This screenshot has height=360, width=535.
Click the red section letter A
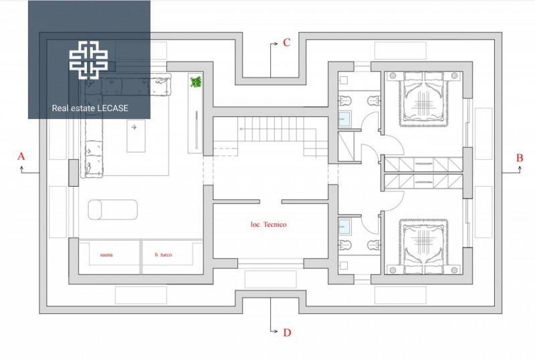(21, 156)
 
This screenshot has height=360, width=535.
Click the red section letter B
(520, 157)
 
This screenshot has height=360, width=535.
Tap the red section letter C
(287, 42)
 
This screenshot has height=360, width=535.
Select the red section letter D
(287, 333)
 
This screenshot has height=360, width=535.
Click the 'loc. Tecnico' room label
(269, 224)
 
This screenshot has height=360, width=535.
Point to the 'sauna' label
(106, 254)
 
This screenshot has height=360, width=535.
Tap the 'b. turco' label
(163, 254)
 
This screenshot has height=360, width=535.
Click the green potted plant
(195, 82)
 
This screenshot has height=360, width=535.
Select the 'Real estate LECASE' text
(90, 108)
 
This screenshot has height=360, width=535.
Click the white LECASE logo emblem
(89, 60)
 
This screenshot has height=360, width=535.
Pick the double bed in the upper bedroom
(423, 98)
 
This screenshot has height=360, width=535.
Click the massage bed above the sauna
(112, 209)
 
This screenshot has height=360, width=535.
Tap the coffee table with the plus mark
(136, 136)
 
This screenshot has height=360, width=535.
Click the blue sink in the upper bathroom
(344, 119)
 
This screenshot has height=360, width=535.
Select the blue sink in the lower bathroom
(344, 227)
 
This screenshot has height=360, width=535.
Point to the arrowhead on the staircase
(241, 128)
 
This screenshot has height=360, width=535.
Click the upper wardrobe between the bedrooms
(423, 165)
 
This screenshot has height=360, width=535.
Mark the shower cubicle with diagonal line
(346, 146)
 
